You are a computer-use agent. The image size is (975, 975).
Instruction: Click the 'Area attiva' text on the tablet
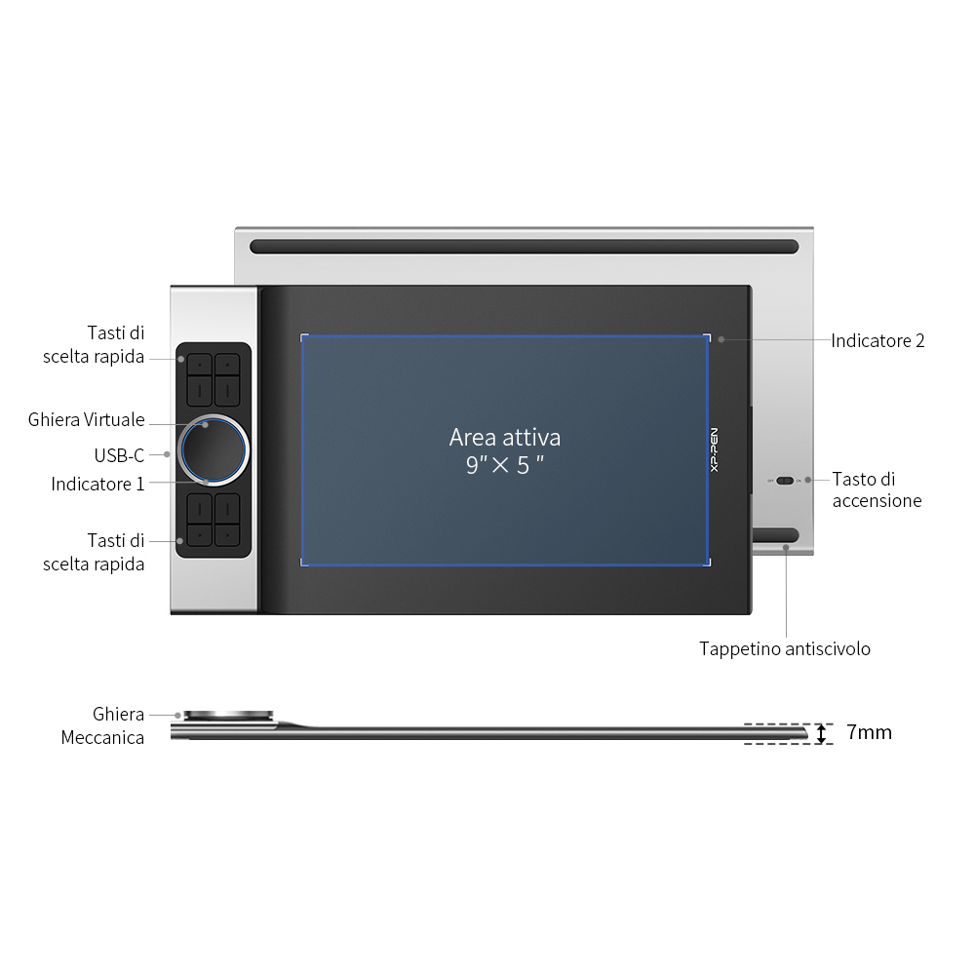point(505,437)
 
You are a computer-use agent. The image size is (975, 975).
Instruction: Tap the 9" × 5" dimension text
point(505,464)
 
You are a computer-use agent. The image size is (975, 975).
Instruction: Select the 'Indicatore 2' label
point(877,340)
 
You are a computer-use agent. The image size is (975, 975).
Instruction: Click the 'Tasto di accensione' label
point(877,490)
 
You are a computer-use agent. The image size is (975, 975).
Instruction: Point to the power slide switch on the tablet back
point(785,481)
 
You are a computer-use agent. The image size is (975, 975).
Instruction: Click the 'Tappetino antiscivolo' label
point(785,648)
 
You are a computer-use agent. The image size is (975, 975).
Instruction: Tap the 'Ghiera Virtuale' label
point(87,419)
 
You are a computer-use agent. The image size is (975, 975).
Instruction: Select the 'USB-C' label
point(119,455)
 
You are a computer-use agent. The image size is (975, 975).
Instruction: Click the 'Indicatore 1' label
point(97,484)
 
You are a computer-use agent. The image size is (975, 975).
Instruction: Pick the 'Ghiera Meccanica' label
point(102,725)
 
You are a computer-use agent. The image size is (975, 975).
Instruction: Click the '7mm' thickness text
point(870,732)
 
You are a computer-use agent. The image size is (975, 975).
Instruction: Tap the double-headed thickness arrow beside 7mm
point(821,734)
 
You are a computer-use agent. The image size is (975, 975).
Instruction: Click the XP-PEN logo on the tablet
point(714,449)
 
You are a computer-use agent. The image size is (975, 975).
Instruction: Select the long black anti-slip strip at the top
point(525,247)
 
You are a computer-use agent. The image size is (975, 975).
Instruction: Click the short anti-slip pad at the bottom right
point(775,534)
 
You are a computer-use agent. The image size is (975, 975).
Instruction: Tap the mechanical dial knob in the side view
point(228,716)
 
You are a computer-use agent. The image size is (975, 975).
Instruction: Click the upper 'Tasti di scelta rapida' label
point(94,344)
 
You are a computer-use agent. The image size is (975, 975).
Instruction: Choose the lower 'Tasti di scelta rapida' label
point(94,552)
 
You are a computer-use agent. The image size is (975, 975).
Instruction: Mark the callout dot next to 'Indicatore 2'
point(721,339)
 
